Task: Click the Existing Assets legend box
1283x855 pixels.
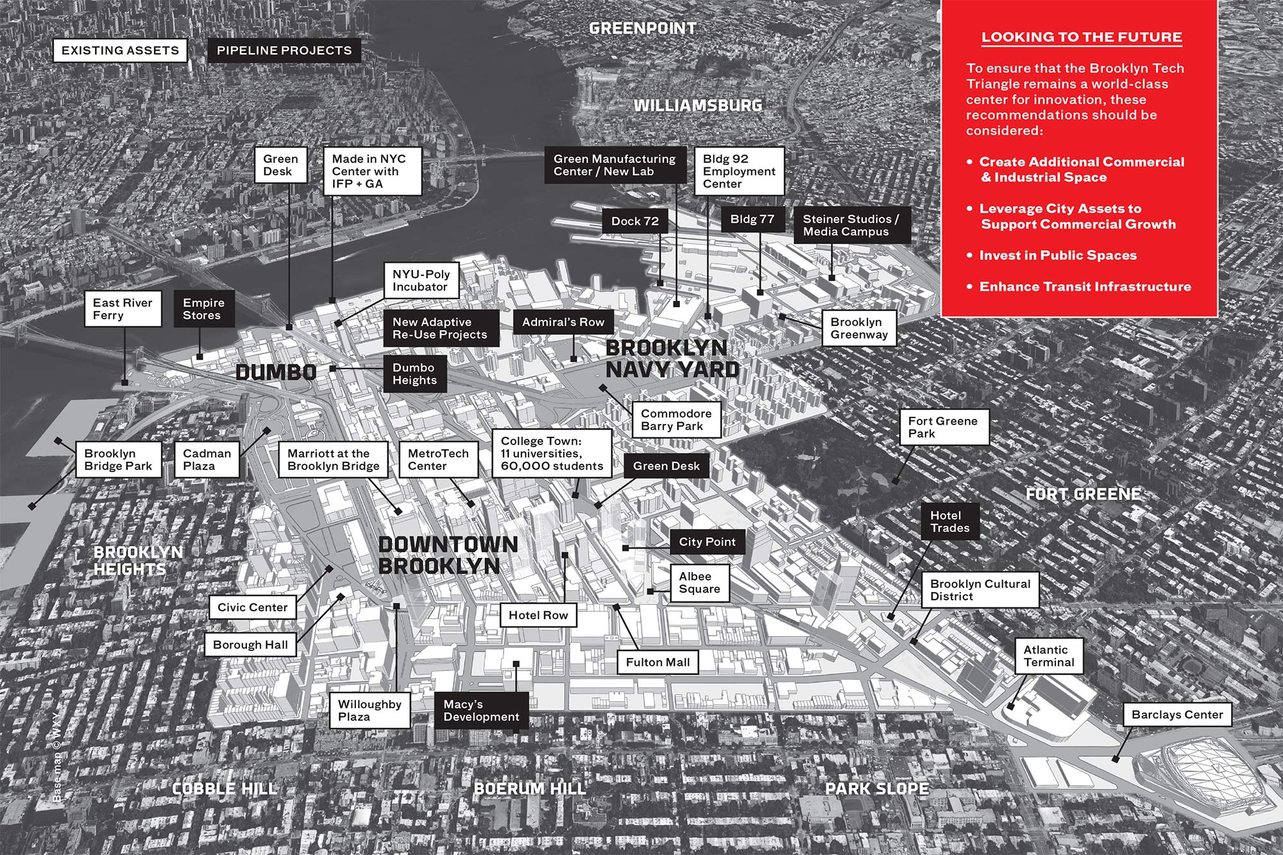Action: coord(120,51)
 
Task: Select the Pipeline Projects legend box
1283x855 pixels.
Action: coord(284,51)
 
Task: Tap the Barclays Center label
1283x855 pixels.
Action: coord(1177,715)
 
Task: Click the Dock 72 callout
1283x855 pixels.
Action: coord(634,221)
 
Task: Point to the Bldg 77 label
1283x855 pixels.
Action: coord(752,219)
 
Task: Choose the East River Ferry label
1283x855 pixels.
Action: coord(123,309)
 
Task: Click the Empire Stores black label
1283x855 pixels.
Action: coord(203,309)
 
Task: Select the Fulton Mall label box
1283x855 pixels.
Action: coord(658,663)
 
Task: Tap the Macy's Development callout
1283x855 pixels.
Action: coord(481,711)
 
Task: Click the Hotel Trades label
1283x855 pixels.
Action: coord(949,522)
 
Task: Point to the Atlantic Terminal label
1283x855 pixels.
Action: coord(1049,656)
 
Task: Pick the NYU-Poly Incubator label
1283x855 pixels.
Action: coord(421,280)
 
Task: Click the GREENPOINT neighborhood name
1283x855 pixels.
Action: coord(642,28)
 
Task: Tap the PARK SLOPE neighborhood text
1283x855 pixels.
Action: coord(876,789)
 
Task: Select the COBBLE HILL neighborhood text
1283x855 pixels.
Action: coord(225,788)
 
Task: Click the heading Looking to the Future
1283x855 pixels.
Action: coord(1082,37)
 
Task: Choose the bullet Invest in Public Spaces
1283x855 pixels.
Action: coord(1057,255)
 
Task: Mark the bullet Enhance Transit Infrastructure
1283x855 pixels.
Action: coord(1084,287)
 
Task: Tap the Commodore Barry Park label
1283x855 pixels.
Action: coord(676,420)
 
